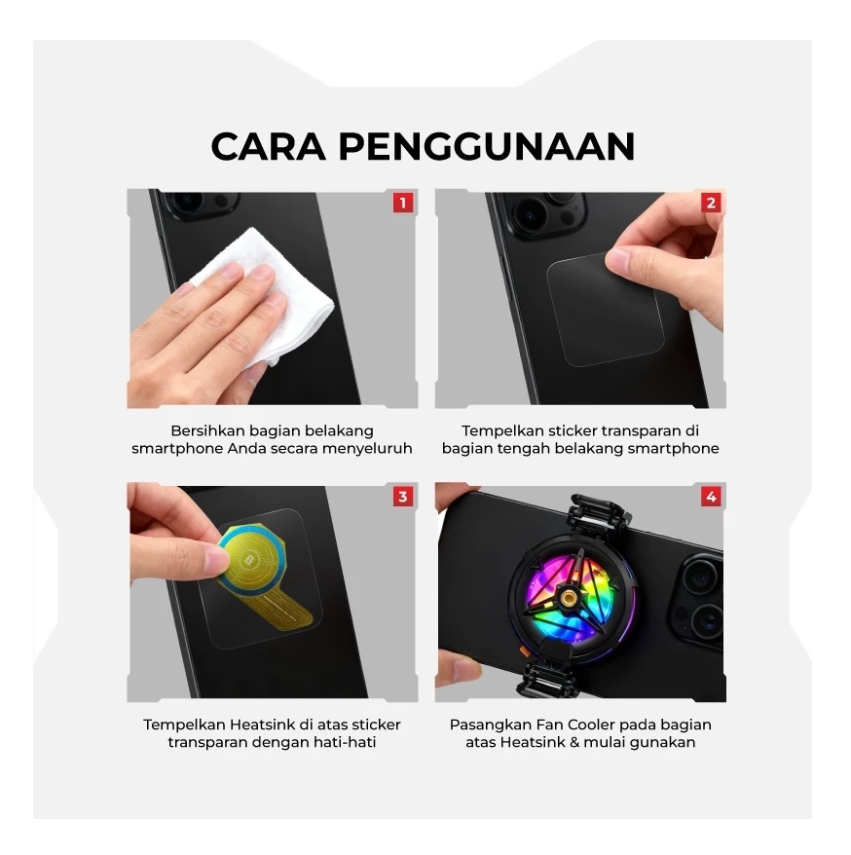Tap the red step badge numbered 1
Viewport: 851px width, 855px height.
[x=402, y=204]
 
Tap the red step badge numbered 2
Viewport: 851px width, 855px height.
[x=711, y=204]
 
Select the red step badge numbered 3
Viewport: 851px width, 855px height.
[x=402, y=498]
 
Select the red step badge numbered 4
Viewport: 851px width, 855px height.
[x=711, y=498]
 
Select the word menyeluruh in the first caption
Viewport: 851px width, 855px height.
[x=367, y=448]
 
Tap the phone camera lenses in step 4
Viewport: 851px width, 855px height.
[x=700, y=594]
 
